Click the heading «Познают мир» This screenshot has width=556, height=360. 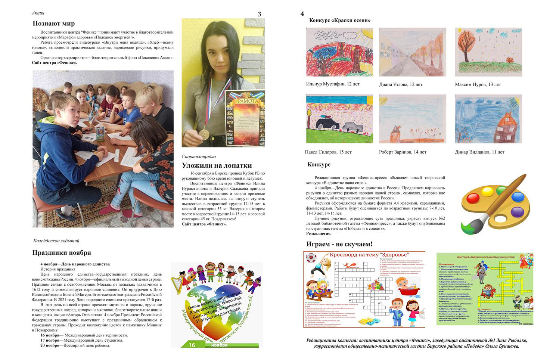(53, 24)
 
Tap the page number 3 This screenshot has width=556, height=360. (260, 14)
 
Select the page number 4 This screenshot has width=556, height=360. (302, 14)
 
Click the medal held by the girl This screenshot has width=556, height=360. (204, 133)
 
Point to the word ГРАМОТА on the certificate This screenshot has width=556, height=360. (245, 101)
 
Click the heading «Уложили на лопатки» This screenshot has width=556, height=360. (217, 165)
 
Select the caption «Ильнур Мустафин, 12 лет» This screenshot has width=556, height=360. (333, 84)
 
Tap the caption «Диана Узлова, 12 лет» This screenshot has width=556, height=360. (401, 84)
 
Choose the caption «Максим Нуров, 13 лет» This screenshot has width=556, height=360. (478, 84)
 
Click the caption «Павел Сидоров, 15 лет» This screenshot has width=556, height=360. (328, 152)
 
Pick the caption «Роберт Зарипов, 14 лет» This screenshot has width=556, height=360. (403, 152)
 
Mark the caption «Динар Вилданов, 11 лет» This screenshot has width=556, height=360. (479, 152)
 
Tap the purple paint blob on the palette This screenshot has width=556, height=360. (517, 212)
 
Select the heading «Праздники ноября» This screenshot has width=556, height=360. (62, 252)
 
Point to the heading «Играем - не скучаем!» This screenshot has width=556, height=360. (339, 244)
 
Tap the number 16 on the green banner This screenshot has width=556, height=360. (192, 345)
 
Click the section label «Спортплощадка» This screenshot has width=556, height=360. (199, 156)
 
